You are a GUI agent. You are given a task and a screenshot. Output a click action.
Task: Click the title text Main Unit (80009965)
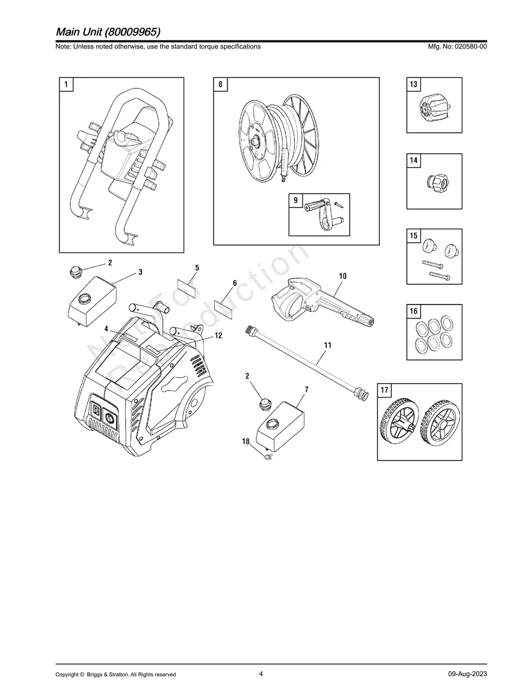tap(108, 31)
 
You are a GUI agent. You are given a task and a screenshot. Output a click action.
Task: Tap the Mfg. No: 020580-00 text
tap(455, 47)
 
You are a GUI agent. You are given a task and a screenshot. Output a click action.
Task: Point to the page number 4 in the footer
tap(261, 674)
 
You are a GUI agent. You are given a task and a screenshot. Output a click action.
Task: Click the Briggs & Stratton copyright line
tap(115, 674)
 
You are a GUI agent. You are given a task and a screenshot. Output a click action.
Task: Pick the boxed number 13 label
tap(413, 84)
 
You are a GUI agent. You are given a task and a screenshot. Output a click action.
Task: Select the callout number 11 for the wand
tap(327, 346)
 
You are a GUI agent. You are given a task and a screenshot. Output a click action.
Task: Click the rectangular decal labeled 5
tap(187, 285)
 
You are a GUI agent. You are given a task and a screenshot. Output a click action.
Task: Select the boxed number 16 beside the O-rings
tap(413, 311)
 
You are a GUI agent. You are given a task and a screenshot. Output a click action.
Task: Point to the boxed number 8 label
tap(220, 84)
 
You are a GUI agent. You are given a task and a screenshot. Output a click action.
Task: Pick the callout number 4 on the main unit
tap(106, 328)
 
